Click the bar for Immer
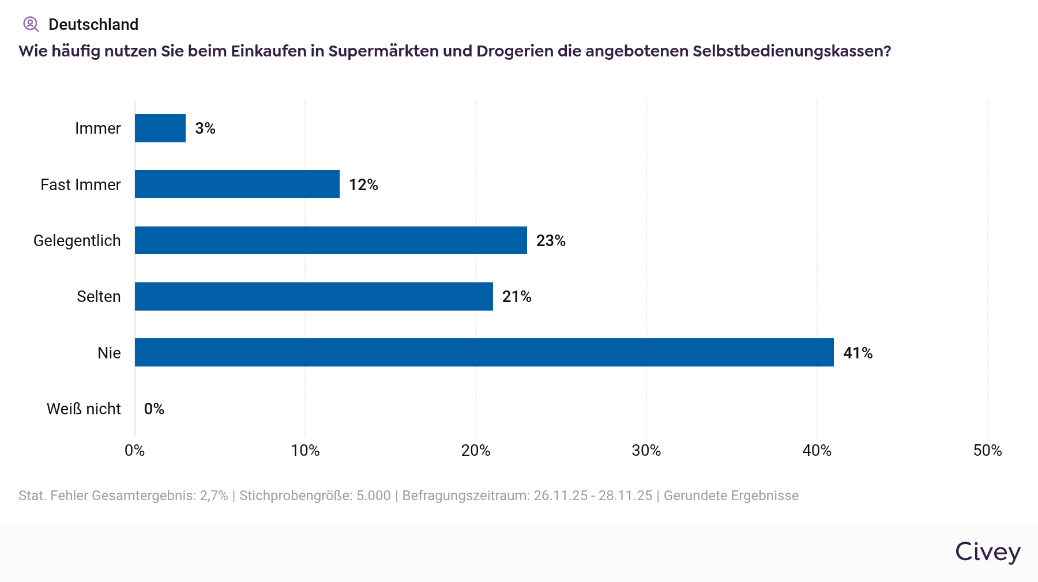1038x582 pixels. point(160,128)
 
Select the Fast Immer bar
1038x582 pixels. point(237,184)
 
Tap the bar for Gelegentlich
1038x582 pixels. point(331,240)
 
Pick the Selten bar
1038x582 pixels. point(314,296)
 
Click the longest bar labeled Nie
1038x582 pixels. point(484,353)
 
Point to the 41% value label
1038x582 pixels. point(858,353)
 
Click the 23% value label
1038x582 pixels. point(551,240)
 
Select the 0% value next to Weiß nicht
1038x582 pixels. point(154,409)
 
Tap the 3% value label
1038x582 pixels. point(205,128)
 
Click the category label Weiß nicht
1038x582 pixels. point(84,409)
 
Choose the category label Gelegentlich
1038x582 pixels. point(77,240)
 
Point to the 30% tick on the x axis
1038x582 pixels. point(646,451)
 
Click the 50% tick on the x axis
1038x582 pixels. point(987,451)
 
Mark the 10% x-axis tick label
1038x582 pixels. point(305,451)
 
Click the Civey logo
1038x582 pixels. point(987,551)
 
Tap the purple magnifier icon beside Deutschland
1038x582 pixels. point(31,24)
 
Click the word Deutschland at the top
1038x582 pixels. point(93,24)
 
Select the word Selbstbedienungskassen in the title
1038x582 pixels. point(791,51)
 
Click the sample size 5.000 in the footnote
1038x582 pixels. point(373,496)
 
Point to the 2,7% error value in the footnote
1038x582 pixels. point(213,496)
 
